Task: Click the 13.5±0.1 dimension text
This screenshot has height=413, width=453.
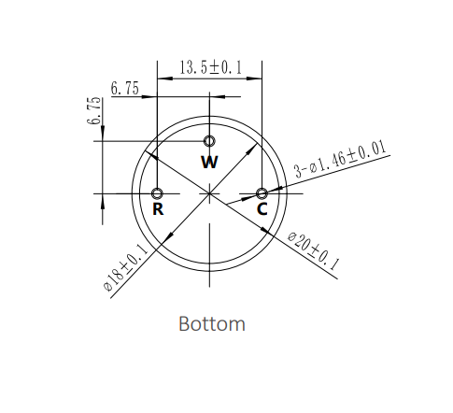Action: pyautogui.click(x=210, y=67)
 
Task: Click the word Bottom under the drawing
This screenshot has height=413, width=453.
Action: pyautogui.click(x=212, y=324)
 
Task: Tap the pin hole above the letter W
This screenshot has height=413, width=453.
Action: pyautogui.click(x=210, y=141)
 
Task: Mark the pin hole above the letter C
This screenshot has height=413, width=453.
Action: pyautogui.click(x=262, y=193)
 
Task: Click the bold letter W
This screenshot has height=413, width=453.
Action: pyautogui.click(x=210, y=162)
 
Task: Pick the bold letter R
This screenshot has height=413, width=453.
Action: pyautogui.click(x=158, y=210)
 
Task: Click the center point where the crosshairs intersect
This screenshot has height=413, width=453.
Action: pyautogui.click(x=210, y=193)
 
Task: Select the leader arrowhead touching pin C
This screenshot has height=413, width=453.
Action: pyautogui.click(x=268, y=192)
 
